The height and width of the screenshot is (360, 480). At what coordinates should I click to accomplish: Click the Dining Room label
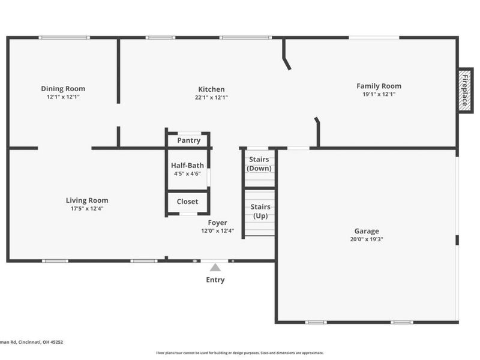tap(63, 89)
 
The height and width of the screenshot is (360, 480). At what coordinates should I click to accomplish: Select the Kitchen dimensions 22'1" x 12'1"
tap(211, 97)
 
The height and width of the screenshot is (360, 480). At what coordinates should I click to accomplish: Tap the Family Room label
tap(379, 86)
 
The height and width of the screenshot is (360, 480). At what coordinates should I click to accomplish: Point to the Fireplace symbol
tap(464, 89)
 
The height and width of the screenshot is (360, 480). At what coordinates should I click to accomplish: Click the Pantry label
tap(188, 141)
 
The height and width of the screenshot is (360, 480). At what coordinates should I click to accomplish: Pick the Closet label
tap(187, 202)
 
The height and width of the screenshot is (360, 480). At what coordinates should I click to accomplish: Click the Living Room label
tap(87, 200)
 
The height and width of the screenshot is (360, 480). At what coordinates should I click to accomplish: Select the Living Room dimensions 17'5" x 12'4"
tap(87, 209)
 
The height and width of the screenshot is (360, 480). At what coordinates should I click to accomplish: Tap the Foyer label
tap(217, 223)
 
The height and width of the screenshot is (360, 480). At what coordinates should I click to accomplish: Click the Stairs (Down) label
tap(260, 164)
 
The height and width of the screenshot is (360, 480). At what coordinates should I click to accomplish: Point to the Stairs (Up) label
tap(260, 211)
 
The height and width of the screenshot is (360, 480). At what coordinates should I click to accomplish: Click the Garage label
tap(366, 231)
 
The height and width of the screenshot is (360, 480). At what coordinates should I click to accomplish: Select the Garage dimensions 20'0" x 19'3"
tap(366, 239)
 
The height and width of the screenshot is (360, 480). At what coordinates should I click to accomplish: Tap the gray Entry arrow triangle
tap(215, 268)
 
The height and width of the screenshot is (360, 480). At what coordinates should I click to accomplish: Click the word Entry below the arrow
tap(215, 280)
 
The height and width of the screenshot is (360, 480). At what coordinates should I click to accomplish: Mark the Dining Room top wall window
tap(64, 38)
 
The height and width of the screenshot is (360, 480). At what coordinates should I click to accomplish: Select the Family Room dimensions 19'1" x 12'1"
tap(379, 94)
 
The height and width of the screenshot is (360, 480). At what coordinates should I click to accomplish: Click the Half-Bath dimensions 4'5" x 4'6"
tap(187, 173)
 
